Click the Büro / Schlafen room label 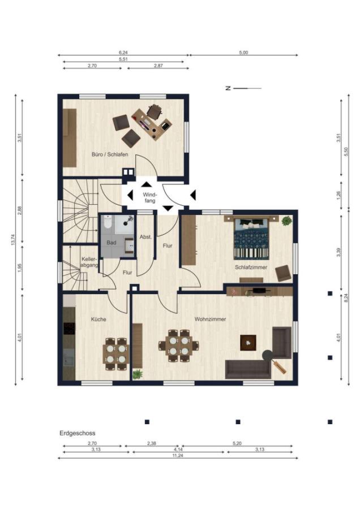(x=110, y=154)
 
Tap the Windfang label (x=150, y=198)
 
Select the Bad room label (x=112, y=243)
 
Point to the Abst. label (x=145, y=237)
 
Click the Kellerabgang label (x=89, y=262)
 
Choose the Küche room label (x=98, y=320)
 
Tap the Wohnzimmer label (x=210, y=319)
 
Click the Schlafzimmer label (x=251, y=267)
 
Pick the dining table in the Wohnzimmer (x=179, y=346)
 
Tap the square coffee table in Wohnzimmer (x=248, y=343)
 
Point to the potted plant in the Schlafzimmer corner (x=286, y=221)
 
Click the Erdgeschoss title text (x=78, y=433)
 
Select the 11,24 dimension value (x=178, y=455)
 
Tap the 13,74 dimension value (x=13, y=240)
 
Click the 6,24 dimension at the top (x=123, y=52)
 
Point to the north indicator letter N (x=228, y=88)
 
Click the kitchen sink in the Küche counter (x=69, y=357)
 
